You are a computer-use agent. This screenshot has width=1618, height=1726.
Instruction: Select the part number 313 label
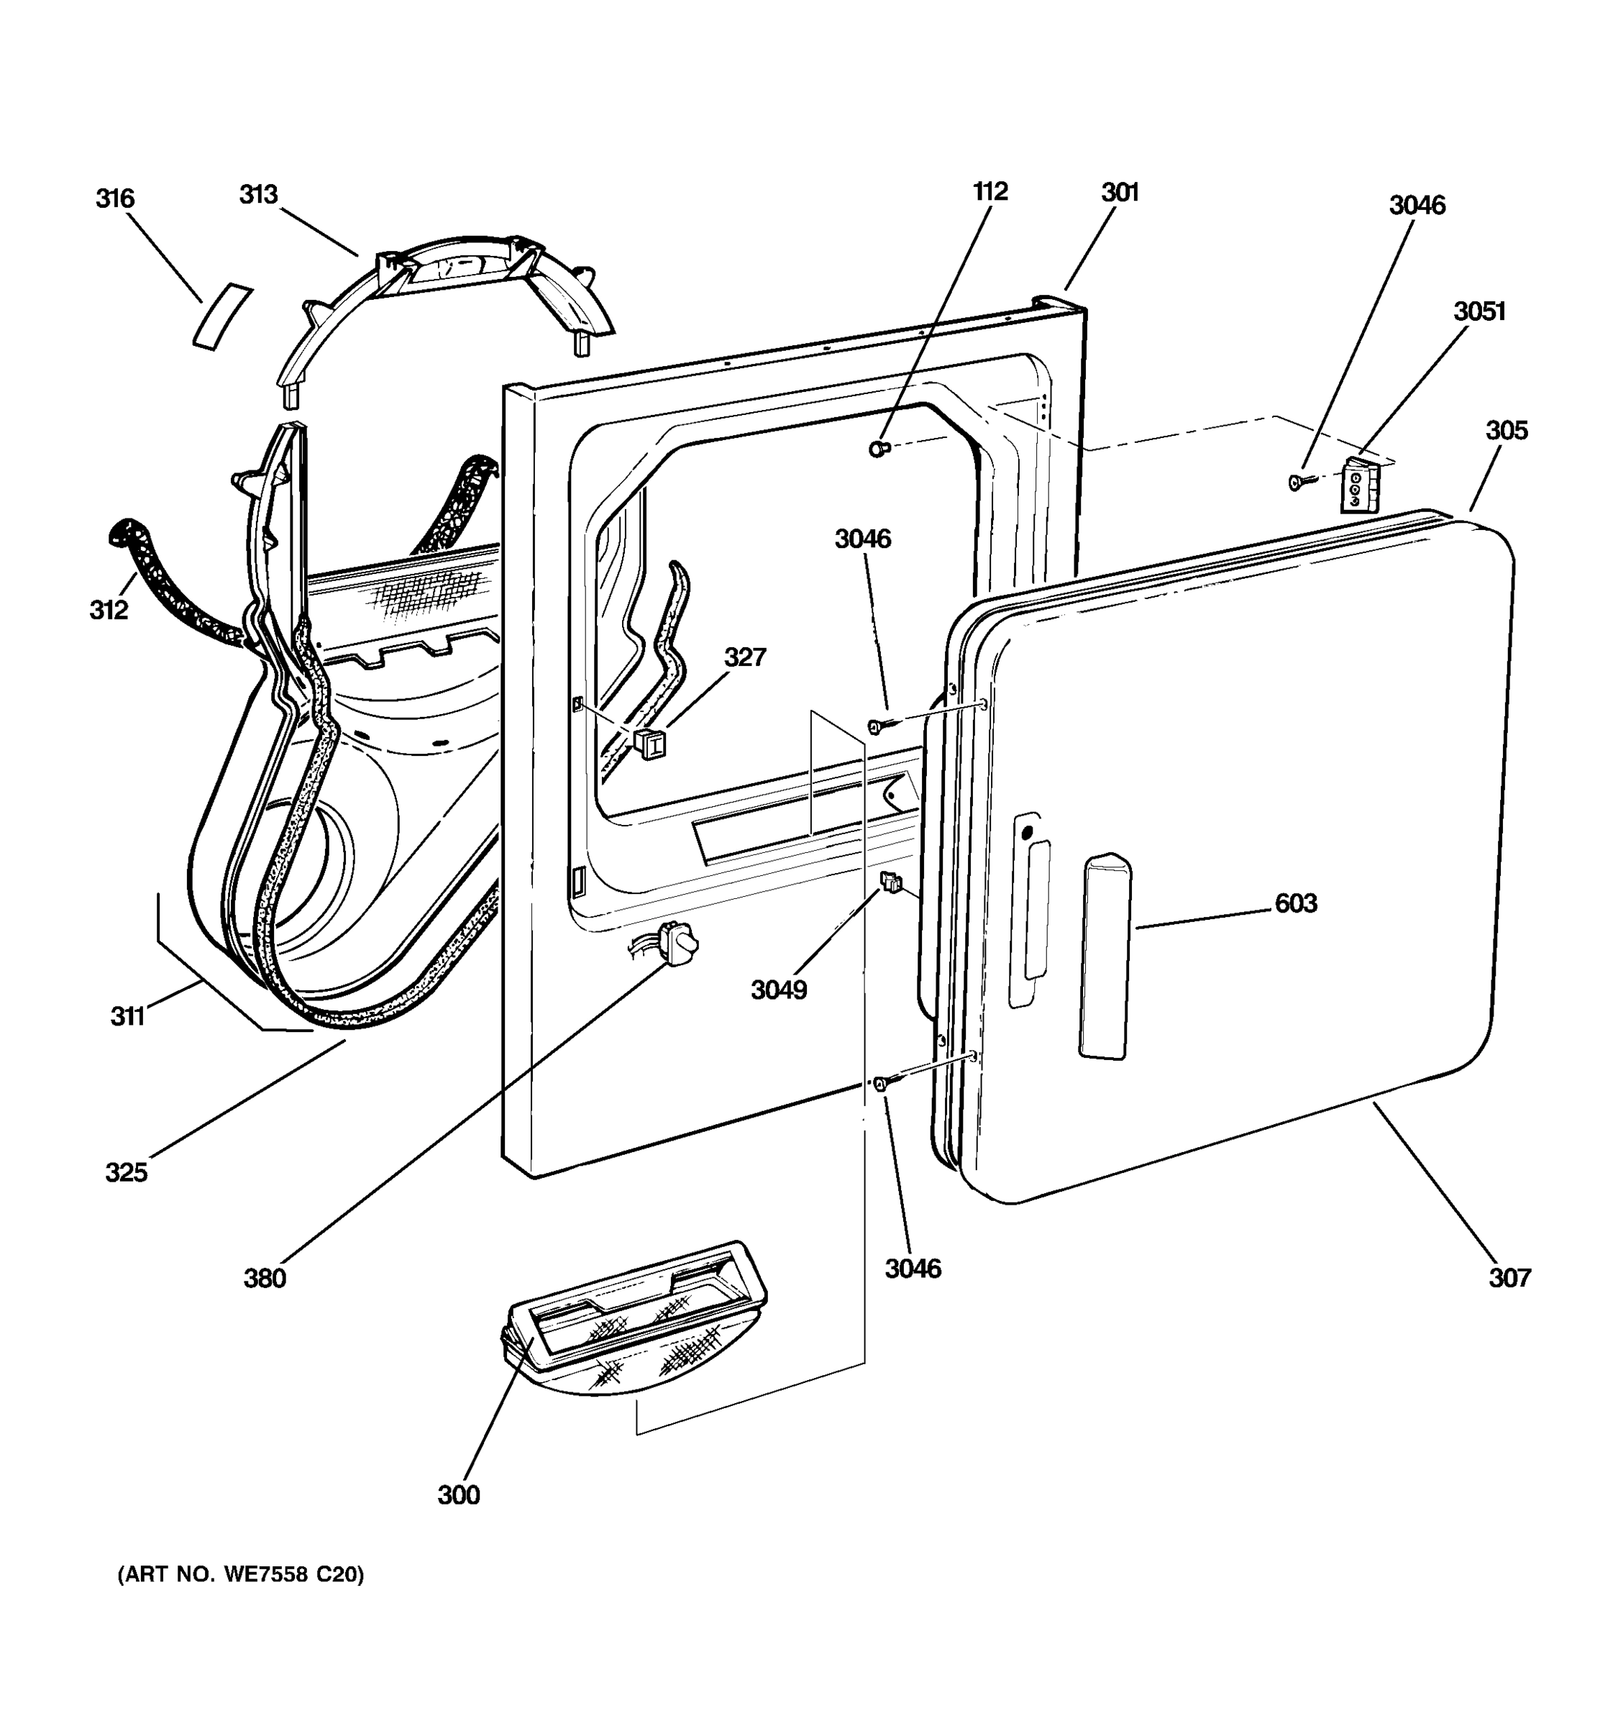pyautogui.click(x=258, y=194)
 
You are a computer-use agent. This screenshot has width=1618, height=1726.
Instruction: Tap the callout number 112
pyautogui.click(x=989, y=191)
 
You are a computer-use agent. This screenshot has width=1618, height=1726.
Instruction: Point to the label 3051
pyautogui.click(x=1479, y=311)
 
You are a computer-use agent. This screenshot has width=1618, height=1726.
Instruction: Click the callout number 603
pyautogui.click(x=1295, y=904)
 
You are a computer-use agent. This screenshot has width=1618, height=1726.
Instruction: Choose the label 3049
pyautogui.click(x=779, y=990)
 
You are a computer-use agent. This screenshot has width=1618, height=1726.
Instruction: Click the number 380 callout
pyautogui.click(x=265, y=1278)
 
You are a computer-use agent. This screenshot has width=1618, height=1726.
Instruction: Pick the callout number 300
pyautogui.click(x=458, y=1494)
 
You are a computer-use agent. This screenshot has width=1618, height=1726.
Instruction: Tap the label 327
pyautogui.click(x=745, y=657)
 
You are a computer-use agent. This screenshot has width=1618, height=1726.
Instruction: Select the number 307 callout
pyautogui.click(x=1509, y=1277)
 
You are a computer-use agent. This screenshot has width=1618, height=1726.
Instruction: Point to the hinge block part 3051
pyautogui.click(x=1359, y=486)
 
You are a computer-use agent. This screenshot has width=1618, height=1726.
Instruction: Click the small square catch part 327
pyautogui.click(x=651, y=744)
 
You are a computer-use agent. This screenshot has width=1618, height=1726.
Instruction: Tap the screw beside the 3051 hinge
pyautogui.click(x=1299, y=481)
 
